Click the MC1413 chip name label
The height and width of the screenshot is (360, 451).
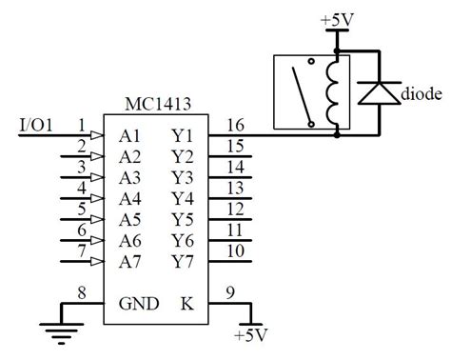click(153, 102)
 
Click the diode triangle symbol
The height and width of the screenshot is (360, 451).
click(379, 91)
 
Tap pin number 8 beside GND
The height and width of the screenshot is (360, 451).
click(82, 294)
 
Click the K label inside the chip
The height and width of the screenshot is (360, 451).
click(186, 306)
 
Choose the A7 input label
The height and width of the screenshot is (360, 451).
click(130, 261)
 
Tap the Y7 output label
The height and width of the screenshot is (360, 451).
click(183, 261)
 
